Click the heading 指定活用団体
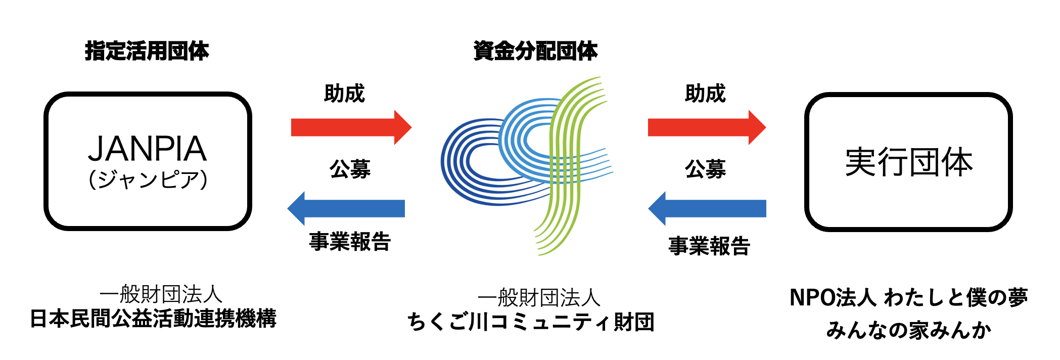click(147, 51)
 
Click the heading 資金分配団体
click(535, 51)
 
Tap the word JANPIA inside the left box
click(147, 149)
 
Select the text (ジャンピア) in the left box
click(148, 179)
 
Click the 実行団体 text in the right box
click(909, 162)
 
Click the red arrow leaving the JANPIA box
click(351, 127)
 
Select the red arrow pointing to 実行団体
click(706, 127)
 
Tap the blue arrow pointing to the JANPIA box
click(347, 208)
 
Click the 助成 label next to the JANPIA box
click(344, 94)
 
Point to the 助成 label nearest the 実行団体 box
click(705, 94)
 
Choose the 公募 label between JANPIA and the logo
click(350, 169)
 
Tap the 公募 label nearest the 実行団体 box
click(705, 169)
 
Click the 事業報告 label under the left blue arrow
click(350, 242)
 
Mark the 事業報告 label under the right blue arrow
click(709, 246)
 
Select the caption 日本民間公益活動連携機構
click(153, 319)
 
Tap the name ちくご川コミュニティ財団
click(531, 322)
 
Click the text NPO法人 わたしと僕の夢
click(908, 298)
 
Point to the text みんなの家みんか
click(908, 330)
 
